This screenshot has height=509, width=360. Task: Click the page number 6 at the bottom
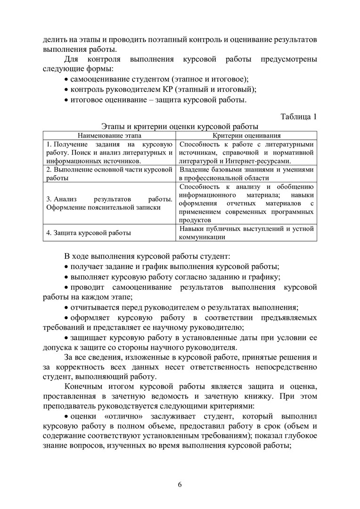pyautogui.click(x=180, y=484)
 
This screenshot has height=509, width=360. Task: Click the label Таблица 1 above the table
pyautogui.click(x=299, y=116)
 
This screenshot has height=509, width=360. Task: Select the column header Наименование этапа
pyautogui.click(x=109, y=135)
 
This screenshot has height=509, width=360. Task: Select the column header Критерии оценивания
pyautogui.click(x=246, y=135)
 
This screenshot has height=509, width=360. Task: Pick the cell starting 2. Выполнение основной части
pyautogui.click(x=109, y=173)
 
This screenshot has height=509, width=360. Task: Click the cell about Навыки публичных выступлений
pyautogui.click(x=246, y=233)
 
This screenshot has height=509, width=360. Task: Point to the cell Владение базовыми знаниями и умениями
pyautogui.click(x=246, y=173)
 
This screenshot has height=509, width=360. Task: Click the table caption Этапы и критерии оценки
pyautogui.click(x=180, y=126)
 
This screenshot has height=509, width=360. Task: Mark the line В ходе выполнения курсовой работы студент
pyautogui.click(x=147, y=256)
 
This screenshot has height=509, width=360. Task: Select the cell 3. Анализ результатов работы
pyautogui.click(x=109, y=203)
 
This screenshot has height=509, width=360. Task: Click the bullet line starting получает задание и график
pyautogui.click(x=174, y=266)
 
